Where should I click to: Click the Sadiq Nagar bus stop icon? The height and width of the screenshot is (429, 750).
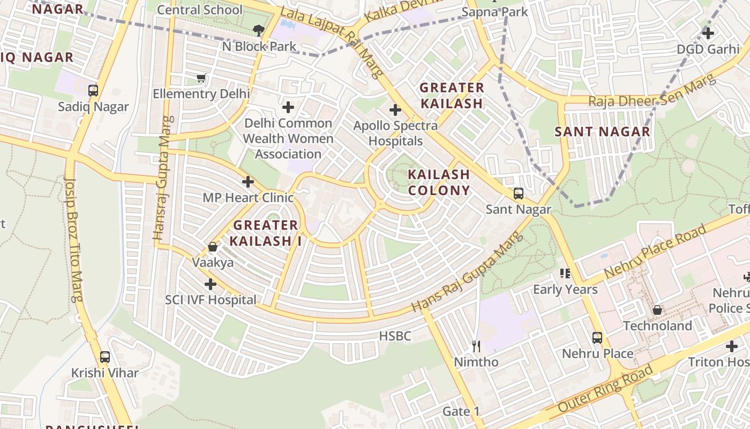(93, 91)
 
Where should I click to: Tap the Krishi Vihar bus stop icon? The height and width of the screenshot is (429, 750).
(105, 357)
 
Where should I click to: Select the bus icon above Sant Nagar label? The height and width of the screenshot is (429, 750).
(519, 193)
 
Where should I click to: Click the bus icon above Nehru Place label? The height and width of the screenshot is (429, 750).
(597, 338)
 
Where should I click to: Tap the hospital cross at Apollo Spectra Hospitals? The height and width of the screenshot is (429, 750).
(395, 110)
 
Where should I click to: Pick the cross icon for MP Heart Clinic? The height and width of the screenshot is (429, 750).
(248, 182)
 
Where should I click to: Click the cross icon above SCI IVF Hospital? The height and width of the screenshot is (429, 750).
(211, 284)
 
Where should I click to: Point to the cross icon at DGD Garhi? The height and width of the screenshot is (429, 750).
(708, 33)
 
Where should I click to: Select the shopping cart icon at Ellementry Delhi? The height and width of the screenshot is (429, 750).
(201, 78)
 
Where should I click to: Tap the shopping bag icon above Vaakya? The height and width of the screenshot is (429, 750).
(213, 247)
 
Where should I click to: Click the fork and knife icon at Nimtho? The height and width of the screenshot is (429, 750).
(476, 346)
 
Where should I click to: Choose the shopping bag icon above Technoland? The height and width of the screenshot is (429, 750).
(657, 310)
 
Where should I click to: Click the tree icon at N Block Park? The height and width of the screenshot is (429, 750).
(259, 31)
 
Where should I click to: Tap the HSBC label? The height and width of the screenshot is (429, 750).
(395, 336)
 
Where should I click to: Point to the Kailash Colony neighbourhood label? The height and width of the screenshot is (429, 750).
(439, 182)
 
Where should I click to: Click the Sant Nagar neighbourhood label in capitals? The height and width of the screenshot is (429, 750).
(602, 131)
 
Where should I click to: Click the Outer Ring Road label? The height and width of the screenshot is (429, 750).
(606, 389)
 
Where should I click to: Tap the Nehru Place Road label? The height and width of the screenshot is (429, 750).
(655, 252)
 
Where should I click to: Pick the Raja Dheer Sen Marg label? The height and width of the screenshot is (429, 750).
(652, 92)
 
